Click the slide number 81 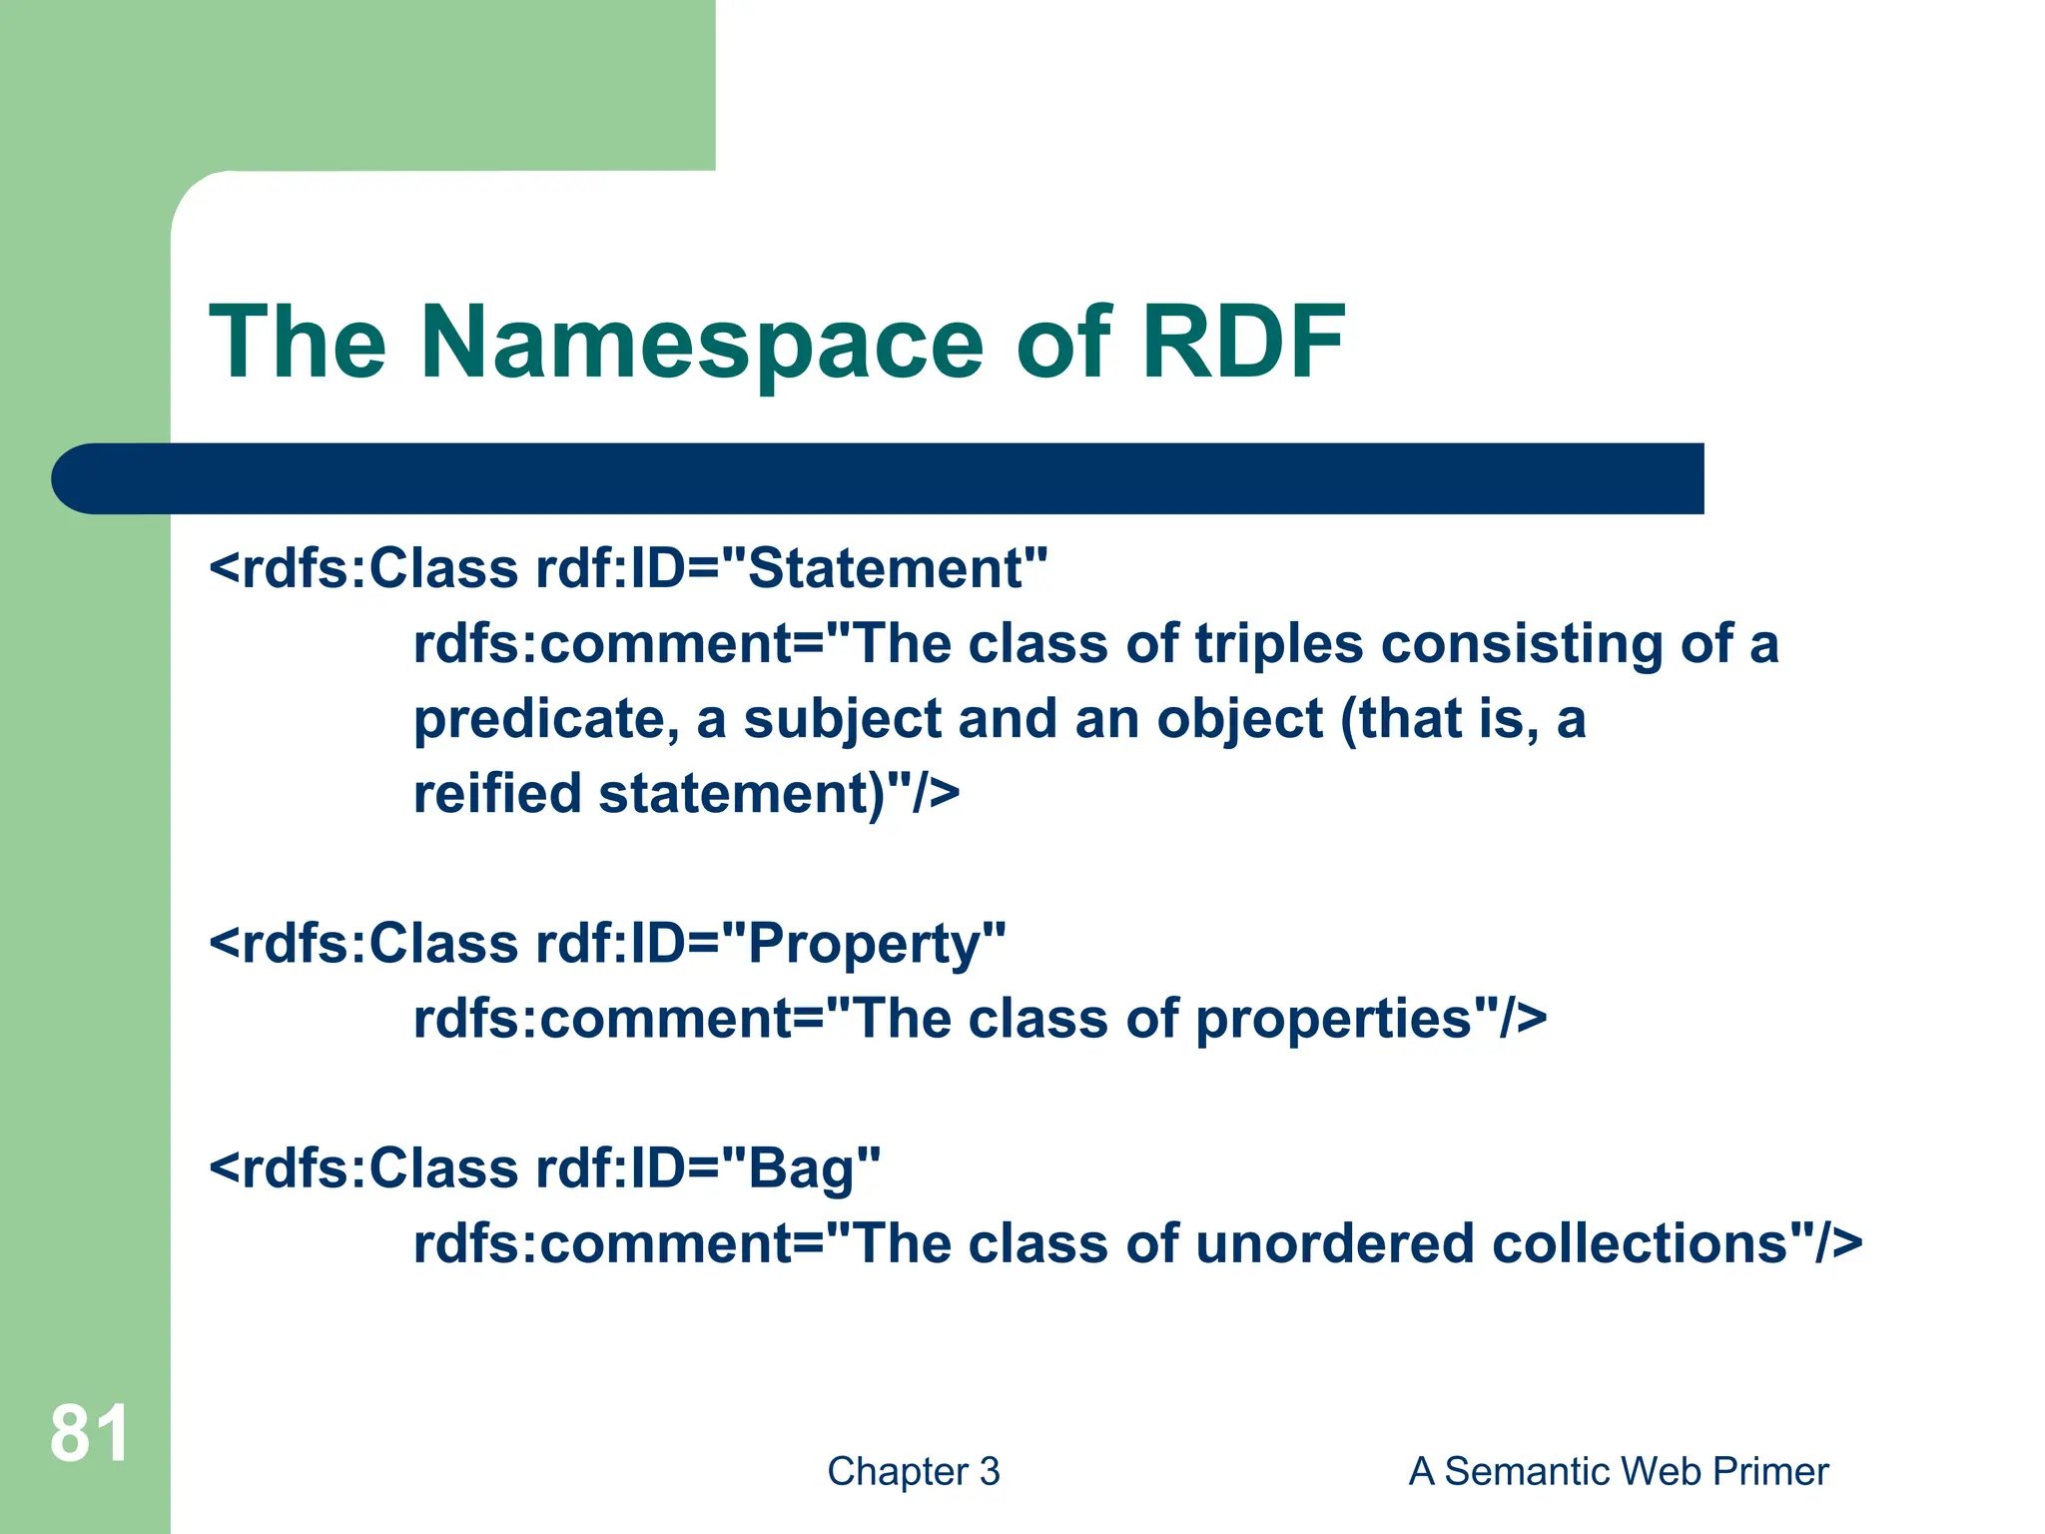pyautogui.click(x=89, y=1434)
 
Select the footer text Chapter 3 pyautogui.click(x=913, y=1471)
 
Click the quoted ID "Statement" pyautogui.click(x=884, y=568)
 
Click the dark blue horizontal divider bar pyautogui.click(x=879, y=478)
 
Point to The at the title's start pyautogui.click(x=297, y=343)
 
